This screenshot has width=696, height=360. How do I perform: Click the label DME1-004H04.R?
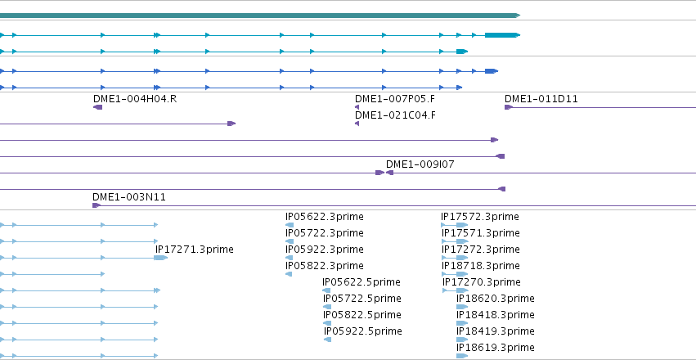(x=135, y=98)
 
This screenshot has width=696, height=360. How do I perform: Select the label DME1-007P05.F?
(x=395, y=98)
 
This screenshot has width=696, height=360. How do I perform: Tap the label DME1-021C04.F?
(x=395, y=115)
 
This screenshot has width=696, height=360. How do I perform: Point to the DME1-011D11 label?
(x=541, y=98)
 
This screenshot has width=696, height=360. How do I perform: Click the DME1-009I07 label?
(x=420, y=164)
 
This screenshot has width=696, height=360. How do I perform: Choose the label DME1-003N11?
(x=128, y=197)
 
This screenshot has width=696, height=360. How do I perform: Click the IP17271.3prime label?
(x=195, y=250)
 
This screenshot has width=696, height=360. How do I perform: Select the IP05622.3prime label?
(x=325, y=217)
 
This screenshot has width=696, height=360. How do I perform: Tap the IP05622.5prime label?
(x=361, y=282)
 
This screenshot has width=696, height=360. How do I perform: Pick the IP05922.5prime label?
(x=362, y=331)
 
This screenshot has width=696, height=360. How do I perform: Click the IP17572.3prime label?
(x=480, y=217)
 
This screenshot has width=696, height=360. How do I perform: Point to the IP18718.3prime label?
(x=480, y=266)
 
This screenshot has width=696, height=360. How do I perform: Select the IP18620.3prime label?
(x=496, y=299)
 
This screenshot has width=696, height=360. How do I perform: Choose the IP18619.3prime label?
(x=496, y=348)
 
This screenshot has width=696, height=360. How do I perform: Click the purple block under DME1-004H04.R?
(x=97, y=107)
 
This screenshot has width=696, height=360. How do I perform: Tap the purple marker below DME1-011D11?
(x=509, y=107)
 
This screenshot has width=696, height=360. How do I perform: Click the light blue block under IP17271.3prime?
(x=160, y=258)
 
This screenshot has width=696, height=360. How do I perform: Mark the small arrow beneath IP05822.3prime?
(x=289, y=274)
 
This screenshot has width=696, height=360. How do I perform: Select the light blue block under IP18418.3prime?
(x=462, y=323)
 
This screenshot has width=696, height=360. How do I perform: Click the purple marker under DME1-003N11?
(x=97, y=205)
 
